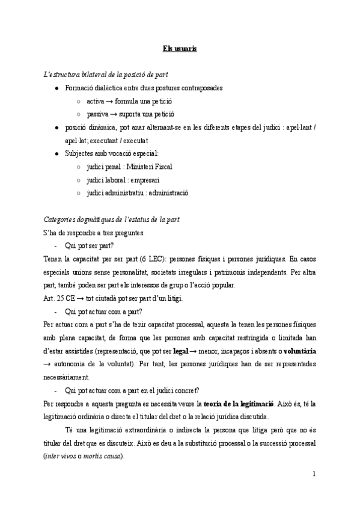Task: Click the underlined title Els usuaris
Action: click(180, 48)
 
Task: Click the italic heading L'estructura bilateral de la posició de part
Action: click(106, 74)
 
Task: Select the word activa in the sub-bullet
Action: click(96, 100)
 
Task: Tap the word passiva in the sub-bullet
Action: click(97, 114)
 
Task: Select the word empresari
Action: click(143, 180)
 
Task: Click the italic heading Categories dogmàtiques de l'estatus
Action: click(111, 220)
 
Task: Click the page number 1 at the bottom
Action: click(314, 474)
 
